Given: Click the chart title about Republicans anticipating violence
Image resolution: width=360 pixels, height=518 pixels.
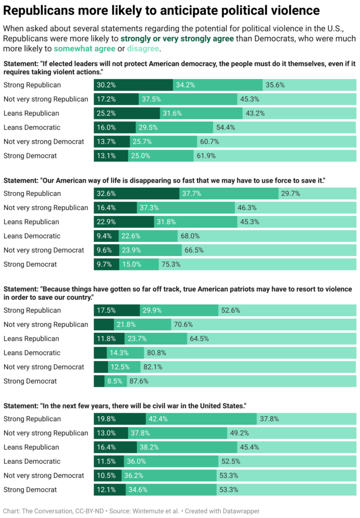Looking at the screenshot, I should pos(162,10).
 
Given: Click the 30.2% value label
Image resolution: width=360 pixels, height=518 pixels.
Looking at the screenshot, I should pos(106,85).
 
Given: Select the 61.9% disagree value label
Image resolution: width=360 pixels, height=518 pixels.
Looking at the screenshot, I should pos(206,156).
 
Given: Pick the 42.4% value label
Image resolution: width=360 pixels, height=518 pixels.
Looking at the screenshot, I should pos(159,419).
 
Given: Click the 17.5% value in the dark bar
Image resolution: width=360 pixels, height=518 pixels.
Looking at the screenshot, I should pos(106,311).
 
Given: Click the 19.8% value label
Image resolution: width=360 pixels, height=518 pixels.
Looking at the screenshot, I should pos(106,419).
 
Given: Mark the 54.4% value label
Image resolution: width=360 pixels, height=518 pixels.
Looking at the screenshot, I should pos(225,127).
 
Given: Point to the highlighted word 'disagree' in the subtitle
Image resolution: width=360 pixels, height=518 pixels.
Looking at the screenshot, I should pos(143,49).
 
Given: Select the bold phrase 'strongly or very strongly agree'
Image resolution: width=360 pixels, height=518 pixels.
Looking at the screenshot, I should pos(177,38).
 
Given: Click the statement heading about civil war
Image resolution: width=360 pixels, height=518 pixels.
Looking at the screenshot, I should pos(125,406).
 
